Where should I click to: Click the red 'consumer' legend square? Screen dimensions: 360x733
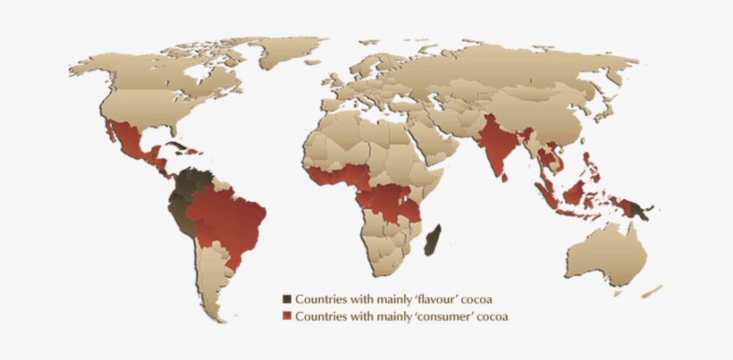[x=287, y=316]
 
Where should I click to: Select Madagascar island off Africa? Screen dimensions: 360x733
[x=433, y=239]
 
